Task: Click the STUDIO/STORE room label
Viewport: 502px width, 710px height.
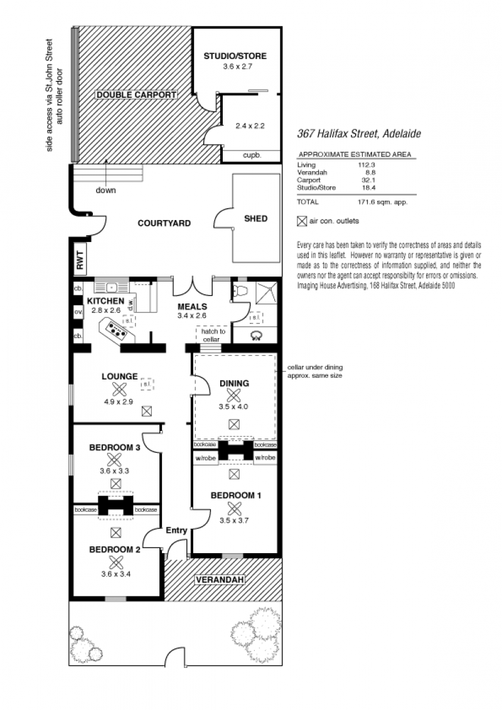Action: pos(235,56)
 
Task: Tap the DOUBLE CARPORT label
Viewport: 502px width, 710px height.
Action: pos(136,95)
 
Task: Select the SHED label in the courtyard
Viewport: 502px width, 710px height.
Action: pos(255,218)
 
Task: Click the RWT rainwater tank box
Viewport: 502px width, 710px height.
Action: pos(80,260)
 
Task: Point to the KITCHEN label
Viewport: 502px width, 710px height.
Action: pos(105,301)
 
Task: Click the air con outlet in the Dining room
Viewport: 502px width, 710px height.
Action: pos(234,424)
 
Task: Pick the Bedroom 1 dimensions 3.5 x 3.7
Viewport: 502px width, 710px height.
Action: pos(234,521)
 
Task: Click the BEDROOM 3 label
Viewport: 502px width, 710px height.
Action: pos(115,447)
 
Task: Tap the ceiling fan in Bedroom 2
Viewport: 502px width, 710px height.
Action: pos(116,562)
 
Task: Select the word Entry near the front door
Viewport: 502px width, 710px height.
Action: pos(176,530)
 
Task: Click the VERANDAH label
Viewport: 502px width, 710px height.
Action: pos(220,580)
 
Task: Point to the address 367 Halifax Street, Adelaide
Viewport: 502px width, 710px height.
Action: pos(359,134)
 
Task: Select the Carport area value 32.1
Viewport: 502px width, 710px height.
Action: pos(368,180)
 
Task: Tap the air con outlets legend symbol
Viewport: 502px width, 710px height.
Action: pos(302,221)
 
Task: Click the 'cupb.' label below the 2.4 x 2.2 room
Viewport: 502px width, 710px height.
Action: pos(252,155)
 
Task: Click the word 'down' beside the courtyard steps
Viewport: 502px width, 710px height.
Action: pos(105,190)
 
